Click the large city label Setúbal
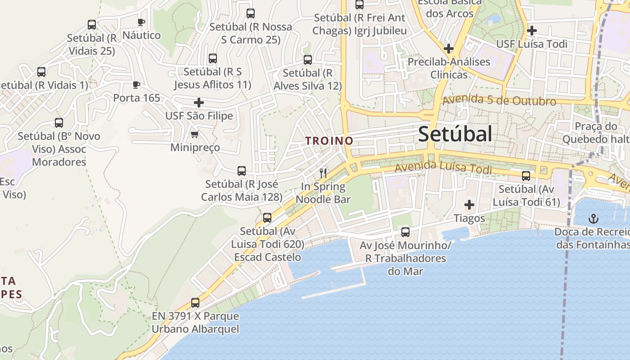click(x=455, y=134)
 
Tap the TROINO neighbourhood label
click(x=329, y=141)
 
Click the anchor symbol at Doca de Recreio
click(x=594, y=219)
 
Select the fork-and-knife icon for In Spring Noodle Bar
click(x=323, y=173)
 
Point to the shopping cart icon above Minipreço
click(x=195, y=135)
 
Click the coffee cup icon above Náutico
click(x=141, y=22)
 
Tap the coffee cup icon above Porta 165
click(x=136, y=85)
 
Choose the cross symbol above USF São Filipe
click(x=199, y=103)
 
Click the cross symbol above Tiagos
click(x=469, y=205)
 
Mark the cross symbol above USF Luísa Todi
click(x=532, y=31)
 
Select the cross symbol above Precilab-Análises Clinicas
click(x=448, y=48)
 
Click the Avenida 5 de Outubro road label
click(x=499, y=100)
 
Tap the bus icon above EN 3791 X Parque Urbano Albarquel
click(x=195, y=303)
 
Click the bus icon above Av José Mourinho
click(x=405, y=232)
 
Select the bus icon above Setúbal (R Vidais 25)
click(x=92, y=25)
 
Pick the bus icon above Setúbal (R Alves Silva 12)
click(x=308, y=60)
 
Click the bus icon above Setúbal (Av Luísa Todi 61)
click(x=526, y=176)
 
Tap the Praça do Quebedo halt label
click(x=596, y=133)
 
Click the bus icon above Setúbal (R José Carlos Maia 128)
click(x=242, y=171)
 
